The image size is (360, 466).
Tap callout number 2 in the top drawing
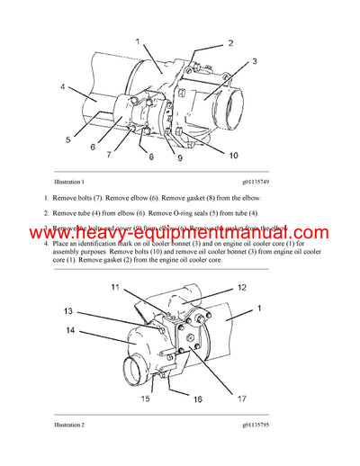(x=230, y=43)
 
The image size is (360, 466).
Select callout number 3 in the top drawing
(x=255, y=61)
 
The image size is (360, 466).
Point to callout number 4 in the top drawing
(x=62, y=87)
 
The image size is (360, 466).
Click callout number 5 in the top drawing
(x=67, y=139)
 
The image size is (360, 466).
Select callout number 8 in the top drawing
(x=151, y=157)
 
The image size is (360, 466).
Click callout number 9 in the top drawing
(x=178, y=158)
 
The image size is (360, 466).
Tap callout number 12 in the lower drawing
(x=242, y=288)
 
